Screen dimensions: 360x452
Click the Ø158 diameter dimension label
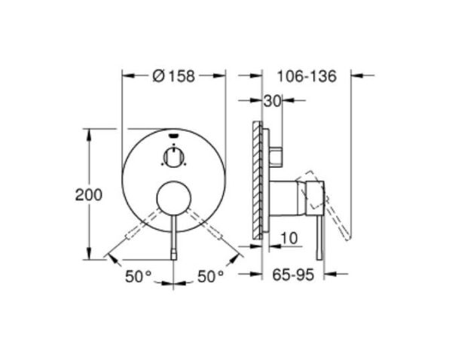173,75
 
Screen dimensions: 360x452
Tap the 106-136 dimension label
306,75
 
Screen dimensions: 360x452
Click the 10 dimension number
289,239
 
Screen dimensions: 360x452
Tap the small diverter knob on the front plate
173,157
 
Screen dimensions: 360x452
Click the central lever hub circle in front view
173,200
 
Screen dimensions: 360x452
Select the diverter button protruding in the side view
278,155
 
